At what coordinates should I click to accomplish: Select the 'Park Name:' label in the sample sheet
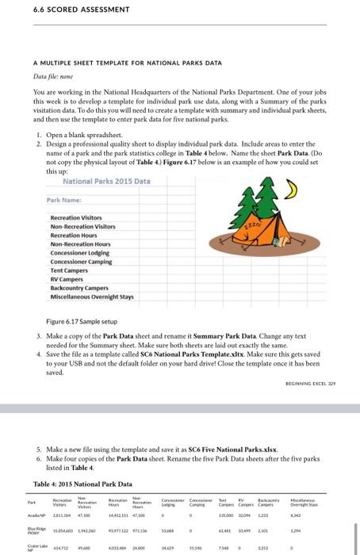[65, 201]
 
